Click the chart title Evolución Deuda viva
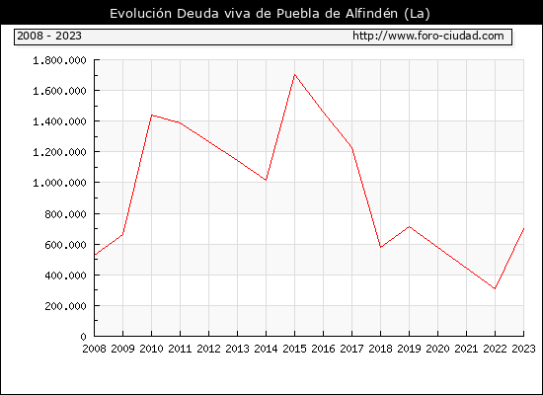pyautogui.click(x=270, y=13)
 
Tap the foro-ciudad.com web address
pyautogui.click(x=428, y=36)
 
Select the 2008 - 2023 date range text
pyautogui.click(x=49, y=36)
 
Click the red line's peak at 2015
pyautogui.click(x=295, y=74)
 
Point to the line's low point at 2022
pyautogui.click(x=496, y=288)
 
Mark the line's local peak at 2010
pyautogui.click(x=152, y=115)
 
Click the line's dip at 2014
pyautogui.click(x=266, y=180)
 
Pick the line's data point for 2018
pyautogui.click(x=380, y=247)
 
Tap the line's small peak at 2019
pyautogui.click(x=410, y=226)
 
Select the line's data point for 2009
pyautogui.click(x=123, y=235)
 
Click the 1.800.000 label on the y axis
pyautogui.click(x=59, y=60)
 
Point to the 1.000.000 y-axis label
pyautogui.click(x=59, y=183)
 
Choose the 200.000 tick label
pyautogui.click(x=65, y=306)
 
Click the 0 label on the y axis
pyautogui.click(x=83, y=337)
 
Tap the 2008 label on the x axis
pyautogui.click(x=94, y=349)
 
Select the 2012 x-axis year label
pyautogui.click(x=209, y=349)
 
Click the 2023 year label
pyautogui.click(x=523, y=349)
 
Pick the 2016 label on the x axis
pyautogui.click(x=324, y=349)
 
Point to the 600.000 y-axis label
pyautogui.click(x=65, y=245)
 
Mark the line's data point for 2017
pyautogui.click(x=352, y=148)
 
